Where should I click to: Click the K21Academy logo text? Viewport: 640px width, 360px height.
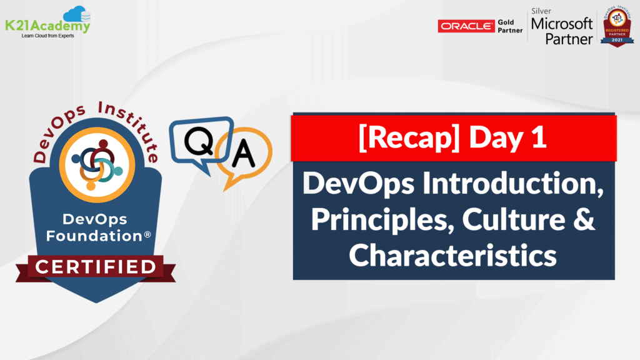[47, 26]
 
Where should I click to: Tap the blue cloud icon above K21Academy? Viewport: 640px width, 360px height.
[74, 13]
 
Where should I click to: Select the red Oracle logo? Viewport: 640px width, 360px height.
[465, 26]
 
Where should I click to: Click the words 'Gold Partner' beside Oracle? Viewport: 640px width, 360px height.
[509, 26]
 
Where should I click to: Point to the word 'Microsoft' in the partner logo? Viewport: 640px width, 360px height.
[561, 24]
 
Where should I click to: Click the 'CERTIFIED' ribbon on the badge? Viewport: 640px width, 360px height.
[95, 267]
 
